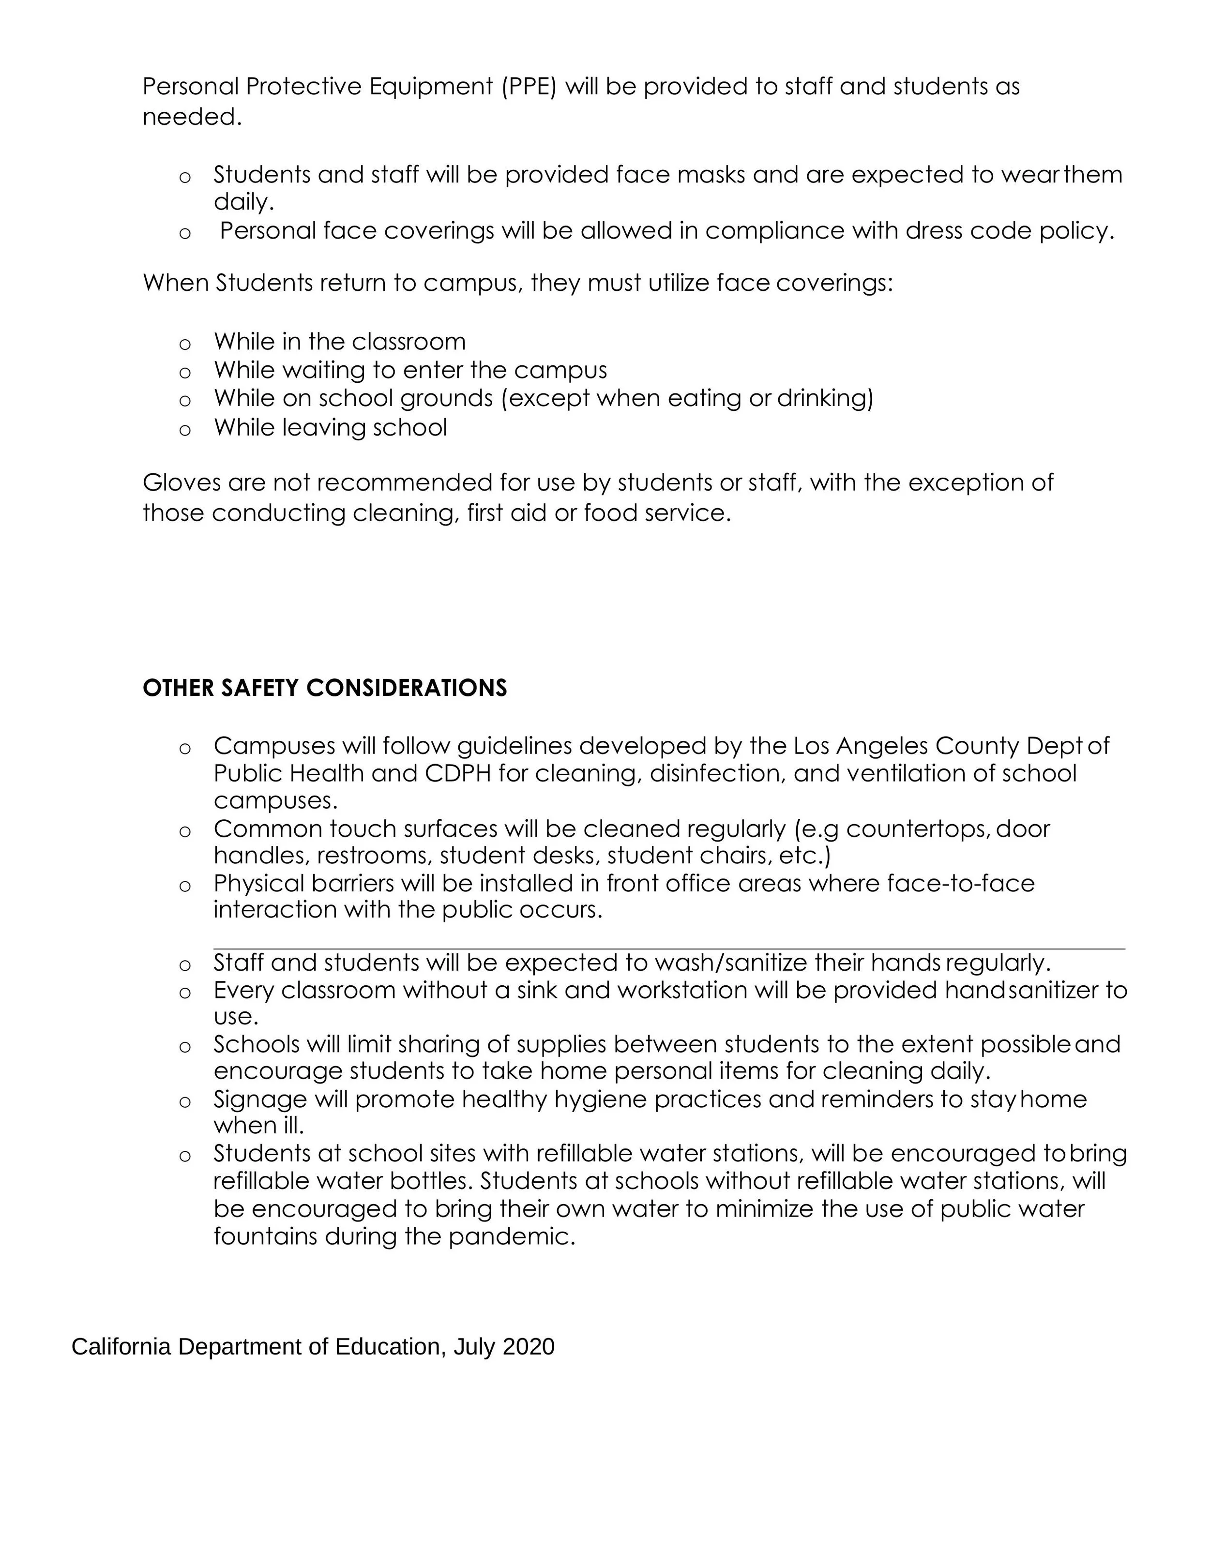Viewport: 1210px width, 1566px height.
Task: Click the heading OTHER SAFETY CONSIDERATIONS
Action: click(x=324, y=688)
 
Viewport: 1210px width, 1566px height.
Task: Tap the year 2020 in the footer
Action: click(x=528, y=1347)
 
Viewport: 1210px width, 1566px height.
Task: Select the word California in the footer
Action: click(x=121, y=1347)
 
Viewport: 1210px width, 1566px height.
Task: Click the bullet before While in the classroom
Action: click(x=185, y=344)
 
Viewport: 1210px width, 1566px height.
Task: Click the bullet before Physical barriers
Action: click(x=185, y=886)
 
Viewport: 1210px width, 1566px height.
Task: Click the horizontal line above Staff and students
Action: click(x=668, y=949)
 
